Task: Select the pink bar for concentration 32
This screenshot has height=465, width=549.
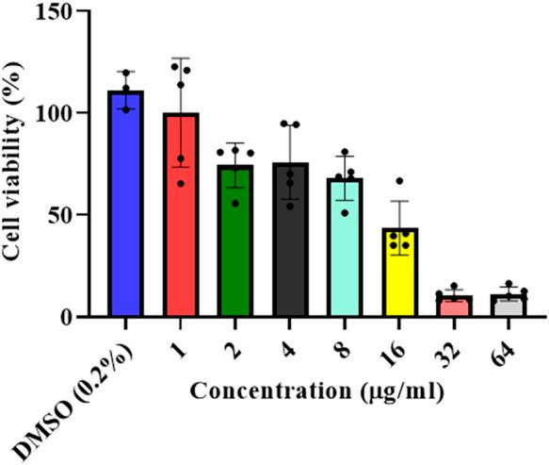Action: coord(456,307)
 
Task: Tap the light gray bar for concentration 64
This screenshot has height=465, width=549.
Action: coord(510,306)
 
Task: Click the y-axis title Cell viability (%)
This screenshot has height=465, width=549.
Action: coord(18,165)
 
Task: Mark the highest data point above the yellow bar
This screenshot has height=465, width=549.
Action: coord(400,181)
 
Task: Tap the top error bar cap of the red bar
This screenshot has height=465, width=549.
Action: coord(180,58)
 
